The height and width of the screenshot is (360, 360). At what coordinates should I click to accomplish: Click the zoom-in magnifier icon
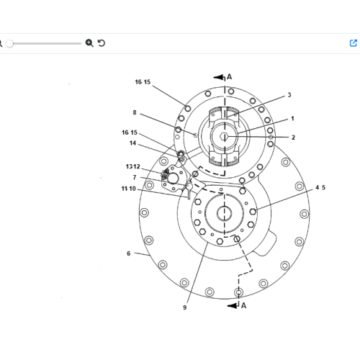coord(89,43)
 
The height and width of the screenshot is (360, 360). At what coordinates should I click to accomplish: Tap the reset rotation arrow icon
coord(102,43)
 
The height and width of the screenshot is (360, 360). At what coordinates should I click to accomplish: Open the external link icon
coord(354,43)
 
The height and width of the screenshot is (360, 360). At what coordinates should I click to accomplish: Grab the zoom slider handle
coord(9,43)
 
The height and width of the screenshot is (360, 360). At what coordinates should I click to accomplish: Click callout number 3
coord(289,95)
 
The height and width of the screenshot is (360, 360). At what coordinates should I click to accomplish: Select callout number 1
coord(292,119)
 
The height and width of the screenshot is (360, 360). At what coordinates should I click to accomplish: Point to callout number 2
coord(293,138)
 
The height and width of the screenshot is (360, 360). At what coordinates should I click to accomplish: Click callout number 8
coord(135,112)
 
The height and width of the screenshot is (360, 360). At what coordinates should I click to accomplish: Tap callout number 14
coord(132,143)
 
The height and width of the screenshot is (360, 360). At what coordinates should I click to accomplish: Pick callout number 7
coord(135,177)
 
